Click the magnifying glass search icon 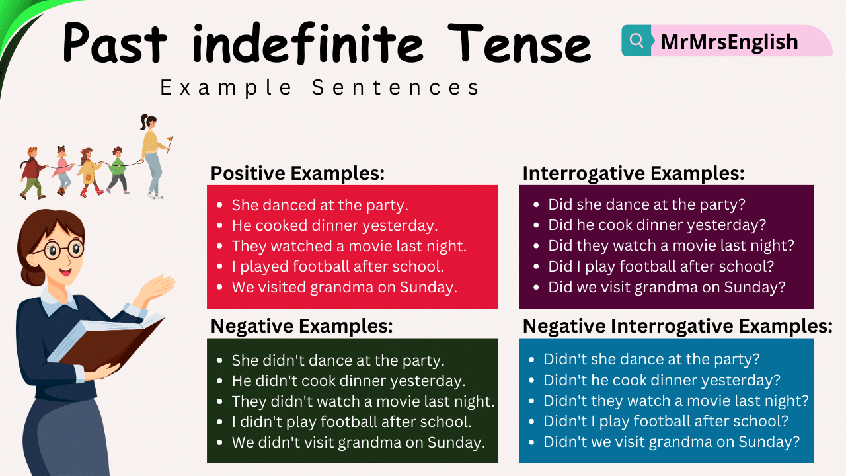[636, 41]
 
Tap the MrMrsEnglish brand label [729, 42]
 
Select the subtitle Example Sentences [320, 88]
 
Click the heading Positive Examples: [297, 173]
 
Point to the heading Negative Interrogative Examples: [677, 326]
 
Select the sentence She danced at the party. [320, 205]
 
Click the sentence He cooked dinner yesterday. [334, 225]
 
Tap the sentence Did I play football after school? [661, 266]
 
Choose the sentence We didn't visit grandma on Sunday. [358, 442]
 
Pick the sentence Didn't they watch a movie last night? [675, 401]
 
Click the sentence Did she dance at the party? [646, 205]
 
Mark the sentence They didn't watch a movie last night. [363, 401]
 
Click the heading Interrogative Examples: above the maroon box [633, 173]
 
